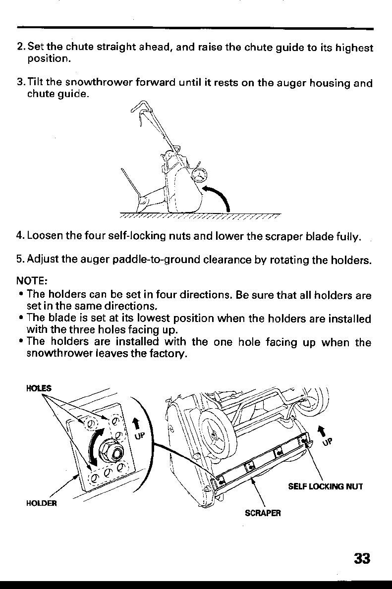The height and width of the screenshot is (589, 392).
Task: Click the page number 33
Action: coord(363,558)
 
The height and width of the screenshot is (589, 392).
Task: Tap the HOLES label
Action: coord(35,388)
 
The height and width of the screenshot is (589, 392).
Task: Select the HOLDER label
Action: coord(42,504)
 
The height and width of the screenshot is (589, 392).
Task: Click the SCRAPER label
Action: coord(263,513)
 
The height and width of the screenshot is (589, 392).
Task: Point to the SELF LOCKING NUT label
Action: coord(326,486)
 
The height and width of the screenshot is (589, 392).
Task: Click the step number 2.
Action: coord(19,48)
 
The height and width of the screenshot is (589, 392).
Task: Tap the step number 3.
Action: coord(19,83)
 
